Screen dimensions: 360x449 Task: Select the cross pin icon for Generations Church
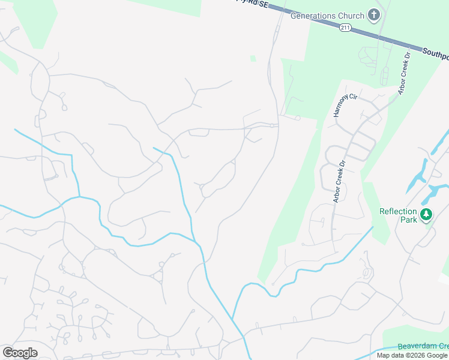[x=374, y=15]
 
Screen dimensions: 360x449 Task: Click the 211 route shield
[x=345, y=28]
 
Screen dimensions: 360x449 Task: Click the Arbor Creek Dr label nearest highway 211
[x=403, y=73]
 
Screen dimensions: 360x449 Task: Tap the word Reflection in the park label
[x=400, y=211]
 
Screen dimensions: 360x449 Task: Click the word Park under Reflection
[x=409, y=220]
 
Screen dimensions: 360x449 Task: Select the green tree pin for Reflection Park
[x=426, y=214]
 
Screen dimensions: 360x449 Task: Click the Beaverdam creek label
[x=423, y=347]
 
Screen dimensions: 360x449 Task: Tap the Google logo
[x=20, y=353]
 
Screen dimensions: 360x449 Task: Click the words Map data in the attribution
[x=391, y=355]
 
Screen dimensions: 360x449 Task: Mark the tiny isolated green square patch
[x=253, y=58]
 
